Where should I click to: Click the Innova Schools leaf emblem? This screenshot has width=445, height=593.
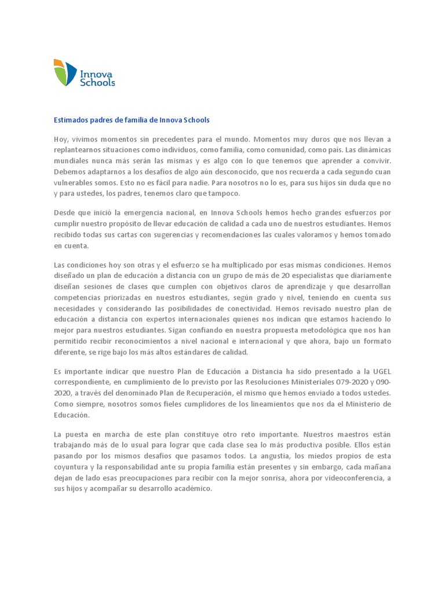(65, 72)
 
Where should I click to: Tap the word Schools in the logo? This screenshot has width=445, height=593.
(98, 83)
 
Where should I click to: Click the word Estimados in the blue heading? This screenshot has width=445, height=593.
(71, 120)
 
